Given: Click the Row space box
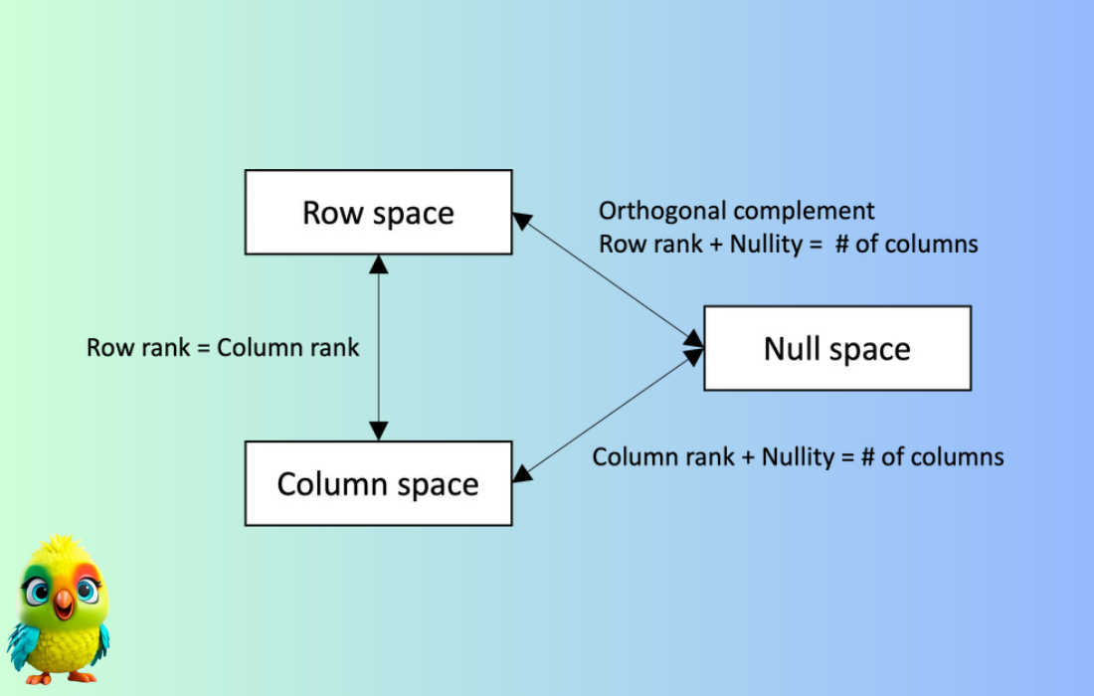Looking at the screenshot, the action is (378, 212).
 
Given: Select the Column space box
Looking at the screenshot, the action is (378, 483).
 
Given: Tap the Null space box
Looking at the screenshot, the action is (837, 348).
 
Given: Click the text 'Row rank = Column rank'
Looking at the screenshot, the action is (223, 347).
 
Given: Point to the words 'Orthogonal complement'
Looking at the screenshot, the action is (736, 211).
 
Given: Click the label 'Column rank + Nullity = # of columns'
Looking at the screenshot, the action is (799, 456).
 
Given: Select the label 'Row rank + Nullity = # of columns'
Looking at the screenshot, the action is (789, 244).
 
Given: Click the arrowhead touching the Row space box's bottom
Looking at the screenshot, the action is (378, 263).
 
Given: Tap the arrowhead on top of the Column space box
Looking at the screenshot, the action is (378, 431).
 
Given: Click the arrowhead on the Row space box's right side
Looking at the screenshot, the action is (522, 221).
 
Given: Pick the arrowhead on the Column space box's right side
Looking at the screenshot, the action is (522, 473).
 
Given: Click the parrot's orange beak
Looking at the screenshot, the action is (64, 602).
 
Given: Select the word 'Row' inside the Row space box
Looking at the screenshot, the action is (333, 213).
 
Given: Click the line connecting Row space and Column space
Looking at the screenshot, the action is (378, 347).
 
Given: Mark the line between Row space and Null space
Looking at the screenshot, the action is (609, 280).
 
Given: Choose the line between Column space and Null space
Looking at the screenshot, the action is (609, 416).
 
